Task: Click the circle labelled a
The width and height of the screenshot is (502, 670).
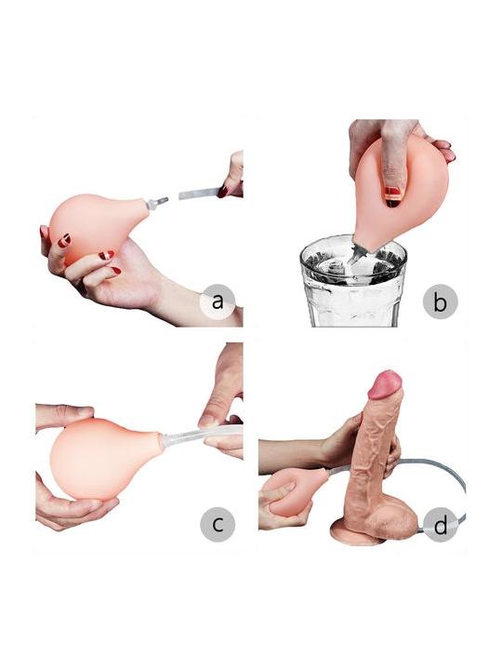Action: [x=218, y=301]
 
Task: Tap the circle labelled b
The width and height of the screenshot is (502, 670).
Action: [x=440, y=301]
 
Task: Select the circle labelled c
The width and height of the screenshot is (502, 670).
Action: [x=218, y=524]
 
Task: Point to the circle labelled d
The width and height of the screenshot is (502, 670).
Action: [x=440, y=524]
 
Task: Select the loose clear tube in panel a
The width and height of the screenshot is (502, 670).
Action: [x=199, y=194]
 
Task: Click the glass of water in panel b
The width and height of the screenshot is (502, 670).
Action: [x=354, y=282]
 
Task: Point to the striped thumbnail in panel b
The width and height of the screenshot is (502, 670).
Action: [x=392, y=196]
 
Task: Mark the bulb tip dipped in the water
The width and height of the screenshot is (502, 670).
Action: [x=360, y=253]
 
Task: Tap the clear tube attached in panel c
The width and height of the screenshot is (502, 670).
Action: [x=201, y=435]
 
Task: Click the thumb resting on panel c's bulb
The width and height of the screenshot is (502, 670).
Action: [x=65, y=413]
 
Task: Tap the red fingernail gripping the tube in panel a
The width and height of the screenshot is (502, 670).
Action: [x=223, y=192]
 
